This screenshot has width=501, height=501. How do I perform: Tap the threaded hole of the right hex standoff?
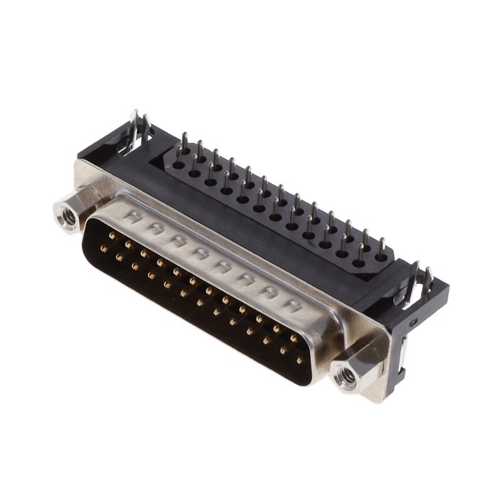pyautogui.click(x=346, y=378)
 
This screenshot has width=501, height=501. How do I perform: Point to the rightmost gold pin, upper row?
pyautogui.click(x=293, y=339)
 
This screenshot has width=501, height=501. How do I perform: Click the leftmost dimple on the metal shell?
pyautogui.click(x=133, y=216)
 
